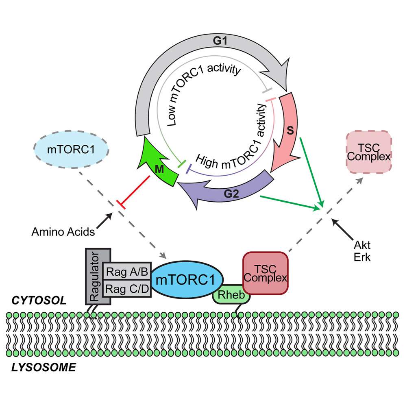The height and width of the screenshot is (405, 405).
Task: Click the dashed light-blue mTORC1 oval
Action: click(70, 150)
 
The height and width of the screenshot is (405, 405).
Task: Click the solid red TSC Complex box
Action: click(266, 273)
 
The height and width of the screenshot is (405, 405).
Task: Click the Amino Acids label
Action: click(64, 232)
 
